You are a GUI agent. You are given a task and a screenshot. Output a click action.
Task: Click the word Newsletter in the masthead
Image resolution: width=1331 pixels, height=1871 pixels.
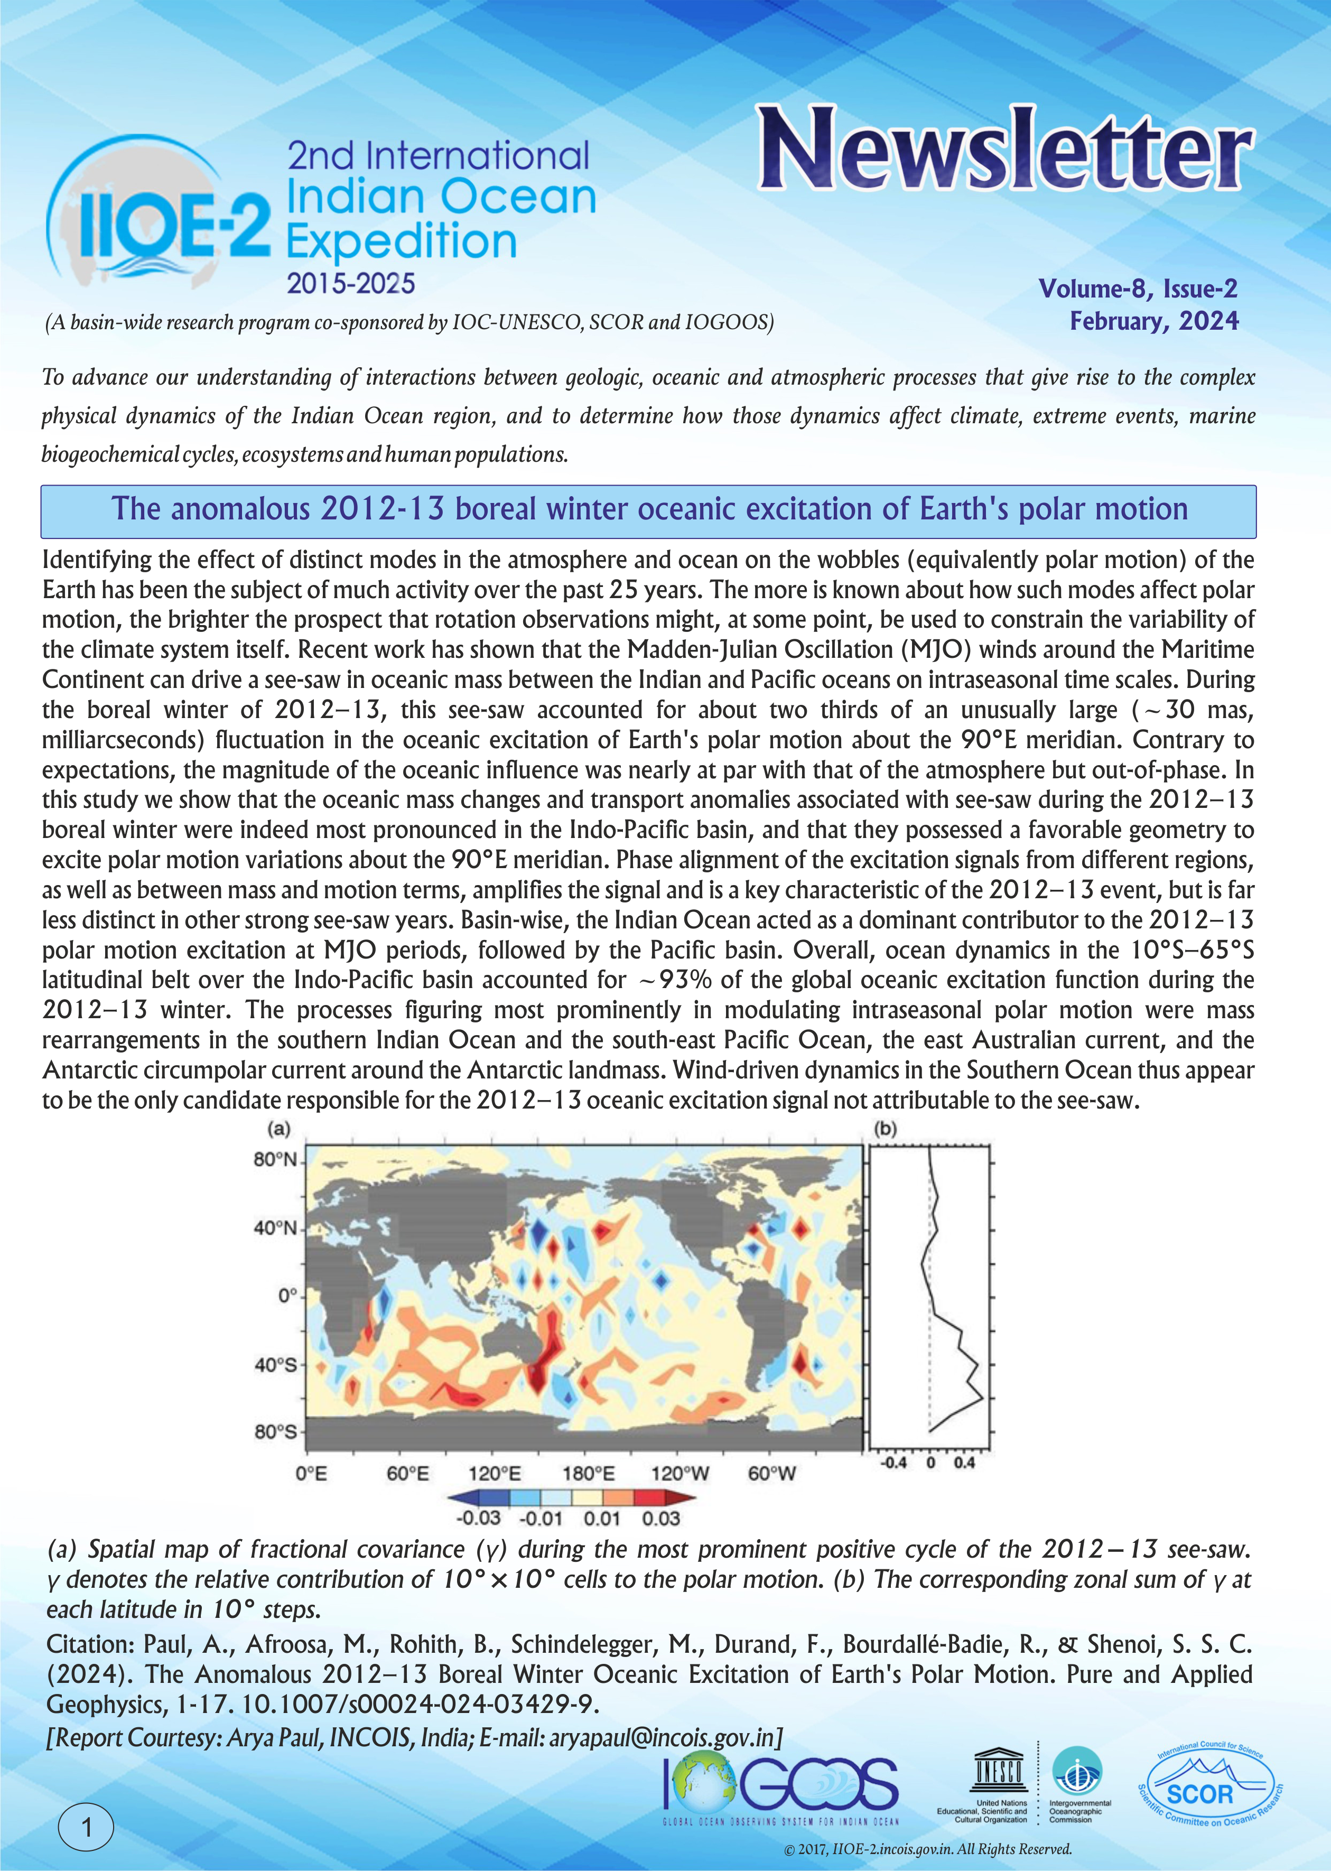(1004, 150)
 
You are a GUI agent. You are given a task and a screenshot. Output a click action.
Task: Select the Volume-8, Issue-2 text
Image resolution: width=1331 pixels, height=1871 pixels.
(1138, 288)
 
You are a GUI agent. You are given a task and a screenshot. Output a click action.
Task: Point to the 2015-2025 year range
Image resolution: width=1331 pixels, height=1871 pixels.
(351, 284)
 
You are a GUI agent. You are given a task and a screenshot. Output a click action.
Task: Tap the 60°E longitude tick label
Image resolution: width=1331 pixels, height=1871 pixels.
(407, 1474)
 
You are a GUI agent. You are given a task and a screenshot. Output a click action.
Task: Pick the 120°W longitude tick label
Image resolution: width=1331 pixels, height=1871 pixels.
(680, 1474)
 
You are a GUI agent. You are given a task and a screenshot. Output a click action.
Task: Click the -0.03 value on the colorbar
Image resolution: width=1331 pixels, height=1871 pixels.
(478, 1519)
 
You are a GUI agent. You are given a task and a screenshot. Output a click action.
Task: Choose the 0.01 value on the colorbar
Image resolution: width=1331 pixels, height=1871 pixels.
(602, 1519)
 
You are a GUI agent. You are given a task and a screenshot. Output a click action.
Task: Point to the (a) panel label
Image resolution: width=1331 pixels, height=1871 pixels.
(278, 1129)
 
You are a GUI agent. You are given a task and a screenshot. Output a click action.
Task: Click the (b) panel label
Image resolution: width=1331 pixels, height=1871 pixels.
(886, 1129)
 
